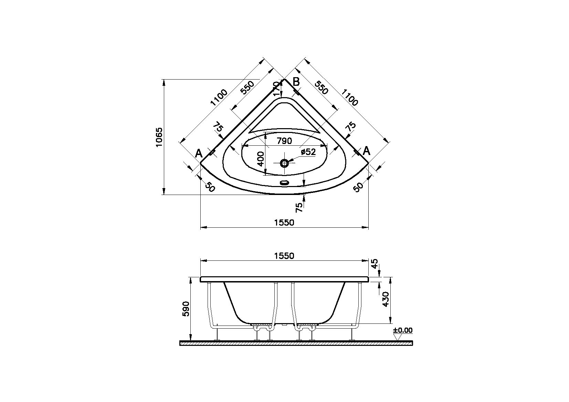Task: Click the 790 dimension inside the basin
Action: (284, 141)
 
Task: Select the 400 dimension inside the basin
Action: (261, 159)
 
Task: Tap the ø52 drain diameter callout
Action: (308, 152)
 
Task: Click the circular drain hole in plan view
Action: (284, 163)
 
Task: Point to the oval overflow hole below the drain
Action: (284, 183)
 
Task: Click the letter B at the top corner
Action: (296, 82)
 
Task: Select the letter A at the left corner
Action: (199, 153)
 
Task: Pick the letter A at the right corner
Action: (367, 151)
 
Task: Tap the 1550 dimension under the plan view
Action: (284, 223)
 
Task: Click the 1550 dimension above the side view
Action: (284, 256)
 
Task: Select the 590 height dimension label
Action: (186, 309)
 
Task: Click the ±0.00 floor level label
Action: (403, 330)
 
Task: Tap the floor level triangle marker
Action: (398, 337)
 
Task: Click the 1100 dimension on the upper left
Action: (219, 97)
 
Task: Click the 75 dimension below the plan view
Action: (299, 207)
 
